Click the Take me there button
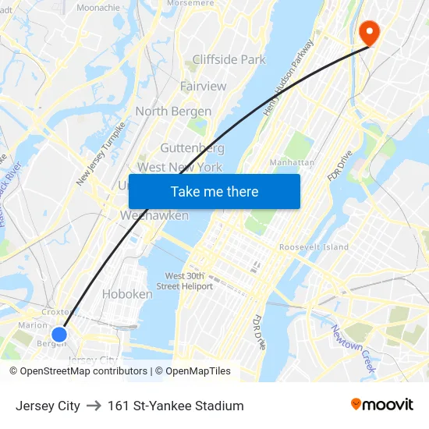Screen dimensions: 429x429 [214, 191]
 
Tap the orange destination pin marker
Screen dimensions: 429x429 [367, 32]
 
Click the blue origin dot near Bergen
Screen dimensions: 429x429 [58, 335]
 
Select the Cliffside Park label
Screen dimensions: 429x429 [229, 59]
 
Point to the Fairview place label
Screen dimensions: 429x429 [203, 86]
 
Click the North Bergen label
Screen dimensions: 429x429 [174, 112]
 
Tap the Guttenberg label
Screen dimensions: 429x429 [193, 147]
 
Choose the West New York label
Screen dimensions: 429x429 [179, 167]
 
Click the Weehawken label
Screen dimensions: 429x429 [154, 215]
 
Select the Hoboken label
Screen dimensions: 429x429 [127, 294]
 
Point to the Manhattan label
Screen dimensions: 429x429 [292, 162]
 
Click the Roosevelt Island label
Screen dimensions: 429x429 [314, 247]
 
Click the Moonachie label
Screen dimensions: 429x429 [98, 7]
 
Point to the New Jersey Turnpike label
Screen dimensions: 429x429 [101, 154]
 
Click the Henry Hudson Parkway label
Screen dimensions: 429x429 [288, 77]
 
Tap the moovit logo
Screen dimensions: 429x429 [382, 405]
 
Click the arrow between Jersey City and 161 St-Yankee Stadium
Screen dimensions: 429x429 [94, 406]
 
